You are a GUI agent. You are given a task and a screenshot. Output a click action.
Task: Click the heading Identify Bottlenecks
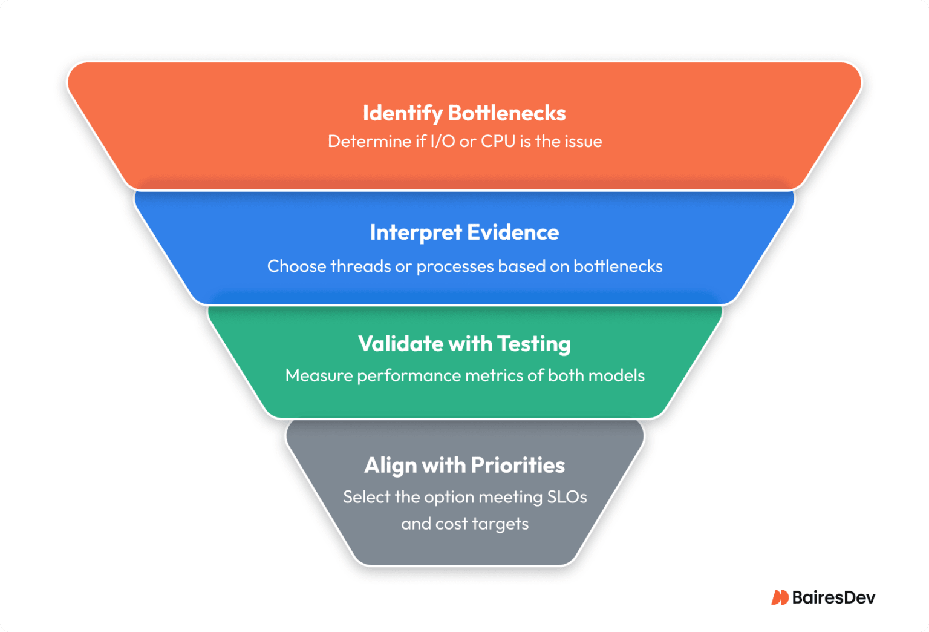pos(464,113)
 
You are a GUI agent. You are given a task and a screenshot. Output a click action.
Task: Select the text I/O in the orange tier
pos(442,142)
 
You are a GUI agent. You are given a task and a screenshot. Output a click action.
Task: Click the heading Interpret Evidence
pos(464,232)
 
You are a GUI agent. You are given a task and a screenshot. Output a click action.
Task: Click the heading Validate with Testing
pos(464,344)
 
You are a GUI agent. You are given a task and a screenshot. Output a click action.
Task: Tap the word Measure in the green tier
pos(319,375)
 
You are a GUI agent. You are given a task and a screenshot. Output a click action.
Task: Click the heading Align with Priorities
pos(464,466)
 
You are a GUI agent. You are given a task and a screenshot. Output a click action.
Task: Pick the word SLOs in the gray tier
pos(567,497)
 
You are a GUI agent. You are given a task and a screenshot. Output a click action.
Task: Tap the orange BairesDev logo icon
pos(780,597)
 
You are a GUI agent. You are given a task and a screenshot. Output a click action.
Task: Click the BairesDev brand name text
pos(833,597)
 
